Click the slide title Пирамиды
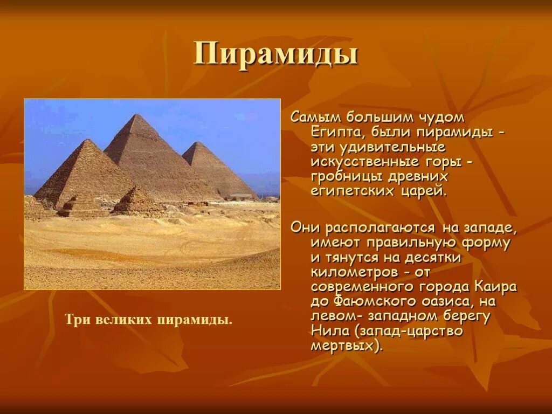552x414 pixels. pyautogui.click(x=275, y=54)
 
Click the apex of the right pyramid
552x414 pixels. pyautogui.click(x=198, y=143)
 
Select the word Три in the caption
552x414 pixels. pyautogui.click(x=76, y=320)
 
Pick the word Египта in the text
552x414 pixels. pyautogui.click(x=333, y=132)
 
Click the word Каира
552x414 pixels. pyautogui.click(x=496, y=286)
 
